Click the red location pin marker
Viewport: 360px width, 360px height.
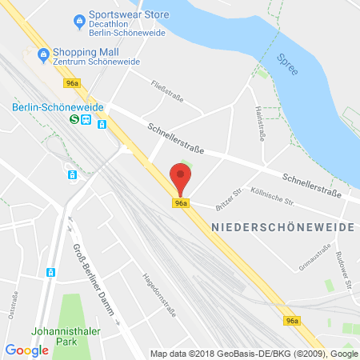[181, 178]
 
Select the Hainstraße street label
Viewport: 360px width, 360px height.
[259, 123]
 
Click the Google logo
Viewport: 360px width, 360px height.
[26, 350]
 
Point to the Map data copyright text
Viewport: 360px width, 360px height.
[254, 354]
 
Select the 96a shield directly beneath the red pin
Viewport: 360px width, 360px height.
[182, 203]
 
